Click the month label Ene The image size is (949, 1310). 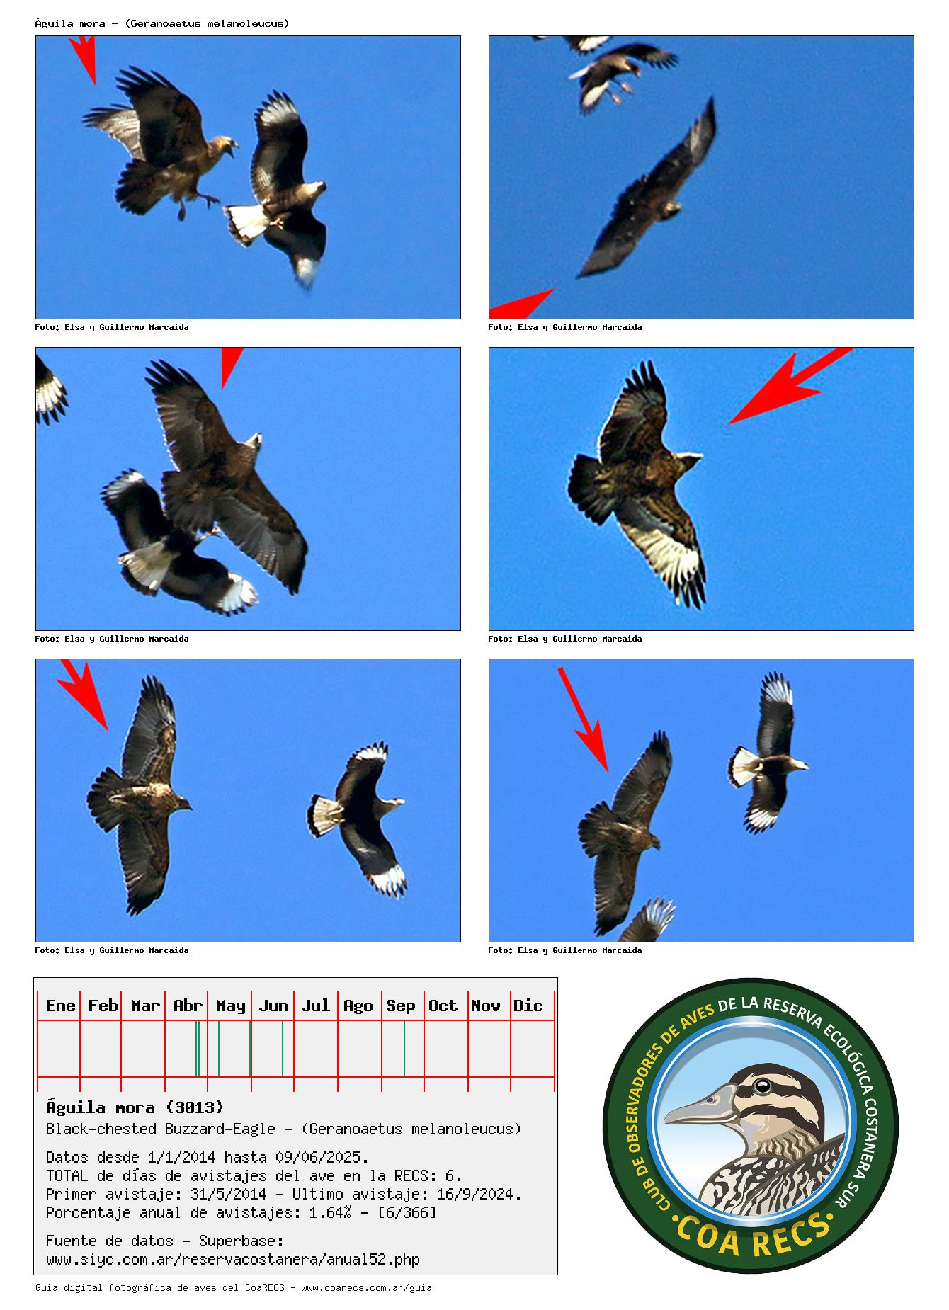point(60,1006)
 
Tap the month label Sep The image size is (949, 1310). point(400,1006)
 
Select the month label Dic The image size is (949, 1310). point(528,1006)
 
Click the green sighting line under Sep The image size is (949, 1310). point(404,1049)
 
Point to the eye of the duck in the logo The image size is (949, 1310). point(762,1086)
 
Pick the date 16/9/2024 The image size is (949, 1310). point(483,1194)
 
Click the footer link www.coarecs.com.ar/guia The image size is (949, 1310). point(366,1287)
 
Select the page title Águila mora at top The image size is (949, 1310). point(70,23)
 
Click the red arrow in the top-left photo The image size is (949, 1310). point(84,59)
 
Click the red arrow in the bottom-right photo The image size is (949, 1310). point(583,719)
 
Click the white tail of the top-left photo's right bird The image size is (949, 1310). point(245,221)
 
